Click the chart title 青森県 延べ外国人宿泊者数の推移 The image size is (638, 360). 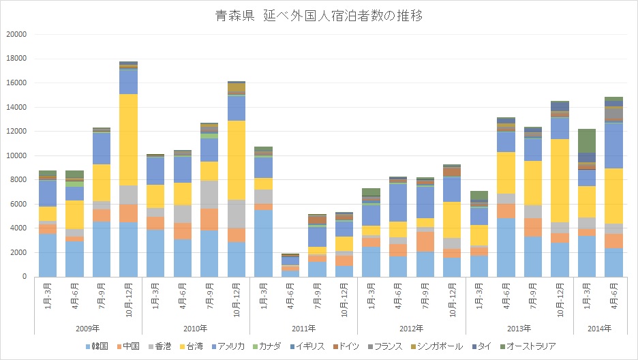click(x=319, y=16)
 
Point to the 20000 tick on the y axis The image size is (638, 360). click(x=16, y=34)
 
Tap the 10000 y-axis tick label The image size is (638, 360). click(x=16, y=155)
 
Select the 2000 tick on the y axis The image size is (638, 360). click(x=18, y=252)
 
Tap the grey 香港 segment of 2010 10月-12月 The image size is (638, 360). click(x=236, y=214)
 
